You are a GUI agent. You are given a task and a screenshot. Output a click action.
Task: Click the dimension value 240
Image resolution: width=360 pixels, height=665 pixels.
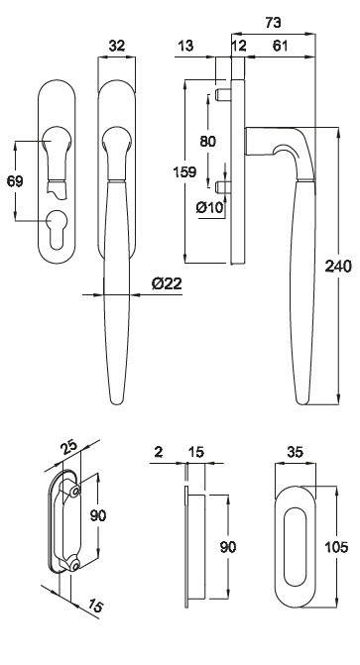(338, 267)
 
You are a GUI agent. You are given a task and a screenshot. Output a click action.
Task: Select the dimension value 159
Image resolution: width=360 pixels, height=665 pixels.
(184, 171)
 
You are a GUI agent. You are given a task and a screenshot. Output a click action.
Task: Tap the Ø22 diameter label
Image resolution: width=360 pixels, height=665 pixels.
(167, 282)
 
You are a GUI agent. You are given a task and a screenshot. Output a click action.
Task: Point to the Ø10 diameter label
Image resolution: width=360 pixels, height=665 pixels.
(209, 207)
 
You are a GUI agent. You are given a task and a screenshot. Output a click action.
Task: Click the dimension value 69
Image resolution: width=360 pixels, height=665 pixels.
(15, 181)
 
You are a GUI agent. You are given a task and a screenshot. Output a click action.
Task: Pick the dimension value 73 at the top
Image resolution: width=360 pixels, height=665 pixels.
(273, 23)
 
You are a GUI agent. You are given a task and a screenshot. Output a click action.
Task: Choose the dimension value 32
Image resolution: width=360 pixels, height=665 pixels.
(117, 46)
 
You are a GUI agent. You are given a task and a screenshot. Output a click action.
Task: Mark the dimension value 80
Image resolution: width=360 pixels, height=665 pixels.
(207, 141)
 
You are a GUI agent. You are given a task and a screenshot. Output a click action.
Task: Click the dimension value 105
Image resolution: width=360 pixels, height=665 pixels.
(336, 547)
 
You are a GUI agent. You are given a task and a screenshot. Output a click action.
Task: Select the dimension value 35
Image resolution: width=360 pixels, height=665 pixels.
(295, 452)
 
